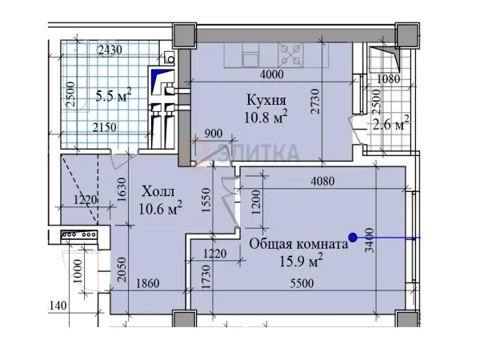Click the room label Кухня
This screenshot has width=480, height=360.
pos(266,100)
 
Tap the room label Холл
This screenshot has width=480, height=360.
pos(158,192)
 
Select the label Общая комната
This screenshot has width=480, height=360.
pos(298,244)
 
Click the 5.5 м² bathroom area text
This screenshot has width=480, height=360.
pos(114,95)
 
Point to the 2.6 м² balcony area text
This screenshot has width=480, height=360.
pos(391,123)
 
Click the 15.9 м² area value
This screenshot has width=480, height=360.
pos(302,260)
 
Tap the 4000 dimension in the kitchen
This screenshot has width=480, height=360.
pos(271,74)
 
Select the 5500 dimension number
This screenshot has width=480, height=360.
pos(302,283)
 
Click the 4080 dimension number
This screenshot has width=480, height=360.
pos(322,182)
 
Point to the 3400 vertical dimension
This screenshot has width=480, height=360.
pos(370,240)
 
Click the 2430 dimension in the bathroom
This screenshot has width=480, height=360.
pos(110,50)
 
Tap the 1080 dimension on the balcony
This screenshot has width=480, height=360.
pos(388,79)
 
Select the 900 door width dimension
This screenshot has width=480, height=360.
pos(213,134)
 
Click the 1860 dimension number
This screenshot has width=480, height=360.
pos(147,283)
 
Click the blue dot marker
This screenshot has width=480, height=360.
pos(353,238)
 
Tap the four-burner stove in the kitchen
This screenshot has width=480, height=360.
pos(291,54)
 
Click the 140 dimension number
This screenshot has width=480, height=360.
pos(58,306)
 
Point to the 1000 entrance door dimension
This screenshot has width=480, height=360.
pos(78,271)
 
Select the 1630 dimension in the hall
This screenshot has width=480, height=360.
pos(122,190)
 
